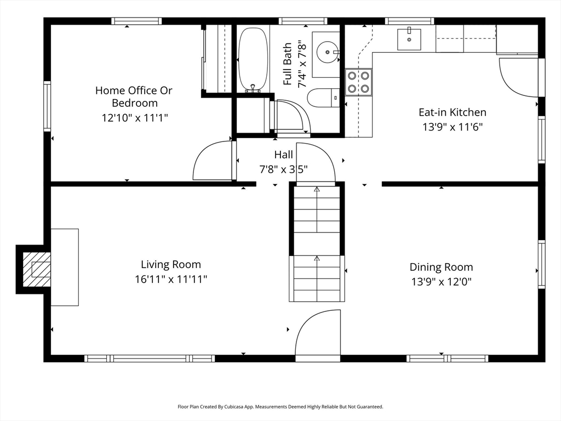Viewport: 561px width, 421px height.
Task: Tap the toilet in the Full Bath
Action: point(323,98)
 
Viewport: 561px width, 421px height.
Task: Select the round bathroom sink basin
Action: point(328,52)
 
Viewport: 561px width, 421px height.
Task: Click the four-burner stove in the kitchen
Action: point(358,82)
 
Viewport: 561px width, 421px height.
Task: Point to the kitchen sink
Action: point(409,39)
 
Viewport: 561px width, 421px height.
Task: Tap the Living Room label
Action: point(171,265)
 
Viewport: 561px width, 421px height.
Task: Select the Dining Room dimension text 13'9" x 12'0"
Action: point(441,282)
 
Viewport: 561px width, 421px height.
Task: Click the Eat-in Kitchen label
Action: point(453,112)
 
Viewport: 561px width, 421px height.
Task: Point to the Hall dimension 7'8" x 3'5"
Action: point(283,169)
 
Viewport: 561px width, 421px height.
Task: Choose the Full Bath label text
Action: point(287,64)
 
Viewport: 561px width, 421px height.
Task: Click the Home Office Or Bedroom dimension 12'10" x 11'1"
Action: point(135,117)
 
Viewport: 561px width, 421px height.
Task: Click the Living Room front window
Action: point(150,359)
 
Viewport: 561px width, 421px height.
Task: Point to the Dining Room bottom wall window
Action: point(447,359)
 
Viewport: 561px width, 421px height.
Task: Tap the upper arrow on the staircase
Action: point(317,209)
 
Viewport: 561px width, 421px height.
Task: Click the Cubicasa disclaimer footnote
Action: point(280,407)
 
